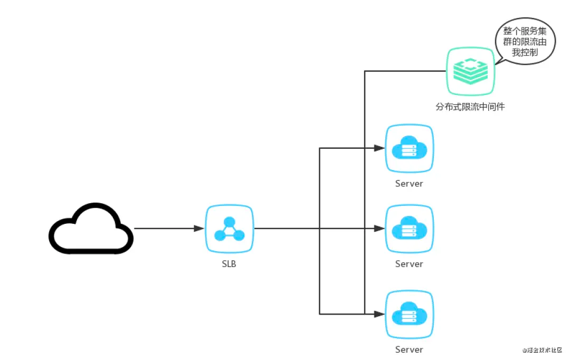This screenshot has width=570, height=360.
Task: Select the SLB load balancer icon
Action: point(230,229)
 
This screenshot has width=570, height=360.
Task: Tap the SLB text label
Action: point(229,264)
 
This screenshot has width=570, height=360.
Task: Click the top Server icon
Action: point(410,148)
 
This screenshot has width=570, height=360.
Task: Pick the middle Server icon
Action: point(410,229)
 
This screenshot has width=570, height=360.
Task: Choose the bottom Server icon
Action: point(410,315)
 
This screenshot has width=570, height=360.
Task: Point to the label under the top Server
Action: point(409,184)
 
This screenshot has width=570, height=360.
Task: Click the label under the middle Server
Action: point(409,264)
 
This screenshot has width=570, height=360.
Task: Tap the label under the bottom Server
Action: point(409,350)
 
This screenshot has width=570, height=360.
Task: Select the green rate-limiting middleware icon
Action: point(470,71)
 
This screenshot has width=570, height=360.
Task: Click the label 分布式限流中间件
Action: point(470,107)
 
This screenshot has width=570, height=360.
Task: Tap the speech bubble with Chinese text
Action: point(525,42)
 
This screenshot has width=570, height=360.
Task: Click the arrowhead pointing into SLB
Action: point(199,229)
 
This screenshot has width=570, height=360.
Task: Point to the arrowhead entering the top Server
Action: point(379,148)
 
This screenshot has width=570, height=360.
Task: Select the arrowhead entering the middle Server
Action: point(379,229)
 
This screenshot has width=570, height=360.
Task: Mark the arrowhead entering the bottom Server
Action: point(379,314)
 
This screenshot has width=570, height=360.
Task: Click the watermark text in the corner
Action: point(542,350)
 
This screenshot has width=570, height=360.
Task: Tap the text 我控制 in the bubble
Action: point(525,52)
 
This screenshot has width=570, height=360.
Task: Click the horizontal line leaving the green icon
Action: point(405,71)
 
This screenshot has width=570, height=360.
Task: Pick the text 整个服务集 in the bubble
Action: point(525,31)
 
